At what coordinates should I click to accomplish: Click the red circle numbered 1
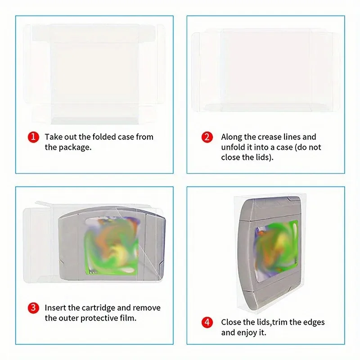[33, 137]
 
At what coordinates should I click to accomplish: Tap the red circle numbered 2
[207, 137]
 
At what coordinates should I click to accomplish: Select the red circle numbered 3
[33, 308]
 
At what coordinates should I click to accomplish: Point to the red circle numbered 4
[207, 322]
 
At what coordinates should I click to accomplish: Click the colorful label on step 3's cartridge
[112, 246]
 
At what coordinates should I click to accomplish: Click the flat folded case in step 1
[94, 74]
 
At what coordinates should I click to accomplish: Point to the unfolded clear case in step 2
[266, 70]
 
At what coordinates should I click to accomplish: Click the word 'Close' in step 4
[231, 322]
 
